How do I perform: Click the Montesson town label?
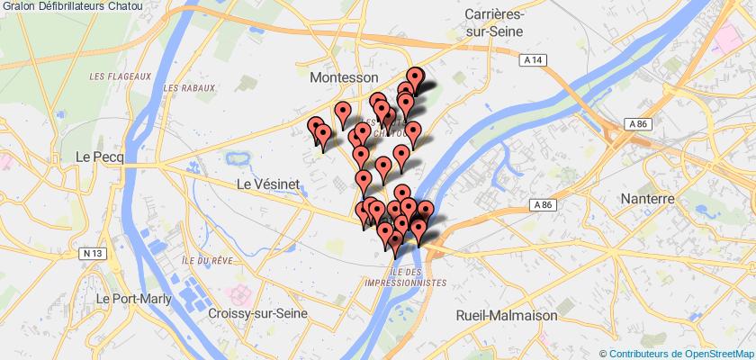click(x=344, y=78)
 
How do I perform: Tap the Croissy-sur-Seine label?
click(x=257, y=313)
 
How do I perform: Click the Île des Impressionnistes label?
click(x=406, y=276)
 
